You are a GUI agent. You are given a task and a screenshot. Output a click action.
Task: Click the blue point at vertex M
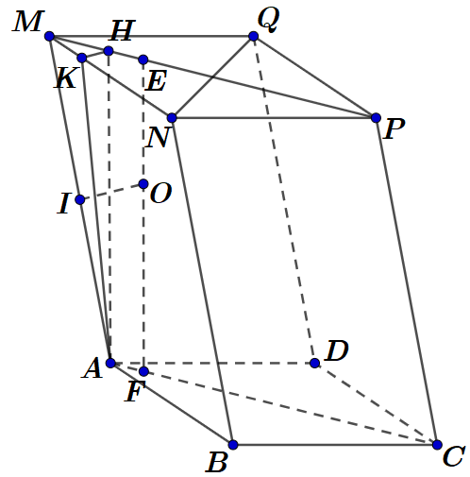[x=49, y=37]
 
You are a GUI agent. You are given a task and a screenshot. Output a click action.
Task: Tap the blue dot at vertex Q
[x=253, y=37]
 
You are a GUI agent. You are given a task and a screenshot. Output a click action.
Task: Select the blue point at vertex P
[x=376, y=118]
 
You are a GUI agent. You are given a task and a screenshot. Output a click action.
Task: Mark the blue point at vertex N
[x=172, y=118]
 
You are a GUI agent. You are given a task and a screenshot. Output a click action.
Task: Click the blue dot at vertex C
[x=437, y=444]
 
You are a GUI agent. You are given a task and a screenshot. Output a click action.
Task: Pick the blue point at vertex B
[x=233, y=444]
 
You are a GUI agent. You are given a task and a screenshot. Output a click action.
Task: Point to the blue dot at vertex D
[x=314, y=363]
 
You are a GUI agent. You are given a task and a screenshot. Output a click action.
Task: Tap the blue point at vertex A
[x=110, y=363]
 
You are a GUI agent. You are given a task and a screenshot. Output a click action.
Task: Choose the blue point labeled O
[x=143, y=184]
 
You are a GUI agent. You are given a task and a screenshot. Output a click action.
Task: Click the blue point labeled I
[x=80, y=199]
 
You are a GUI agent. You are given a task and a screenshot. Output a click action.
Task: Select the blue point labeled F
[x=143, y=371]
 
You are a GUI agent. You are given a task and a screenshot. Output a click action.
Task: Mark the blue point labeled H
[x=109, y=51]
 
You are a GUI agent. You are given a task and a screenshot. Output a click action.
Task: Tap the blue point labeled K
[x=82, y=59]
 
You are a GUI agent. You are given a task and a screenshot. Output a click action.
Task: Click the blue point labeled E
[x=143, y=60]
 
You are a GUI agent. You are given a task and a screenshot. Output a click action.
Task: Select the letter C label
[x=453, y=458]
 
